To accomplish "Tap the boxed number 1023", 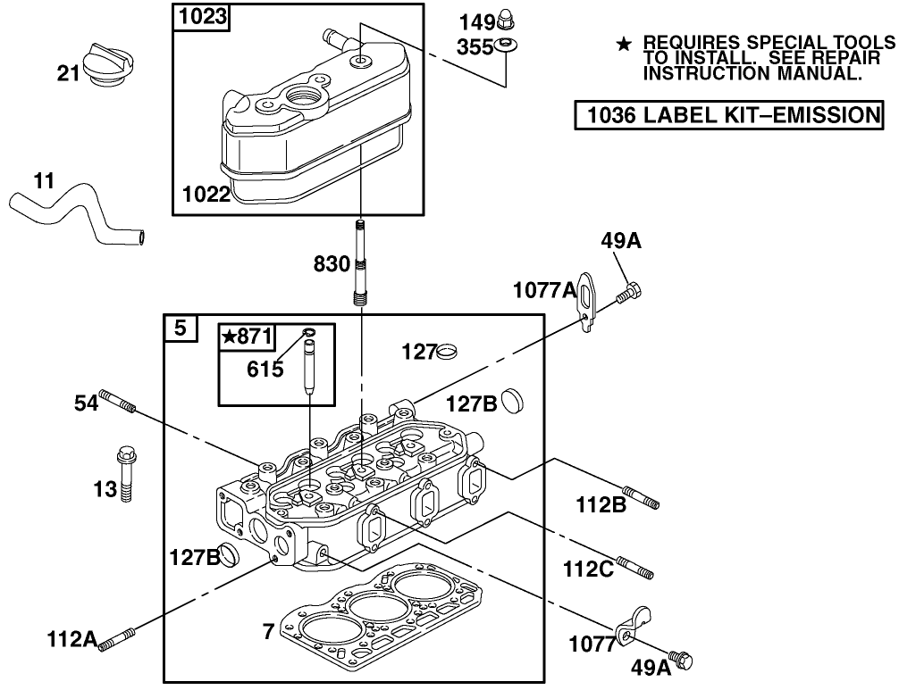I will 202,15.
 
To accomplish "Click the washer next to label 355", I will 507,46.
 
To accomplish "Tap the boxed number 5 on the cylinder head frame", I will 181,328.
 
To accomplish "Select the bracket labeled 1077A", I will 585,302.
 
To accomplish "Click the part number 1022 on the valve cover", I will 206,194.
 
